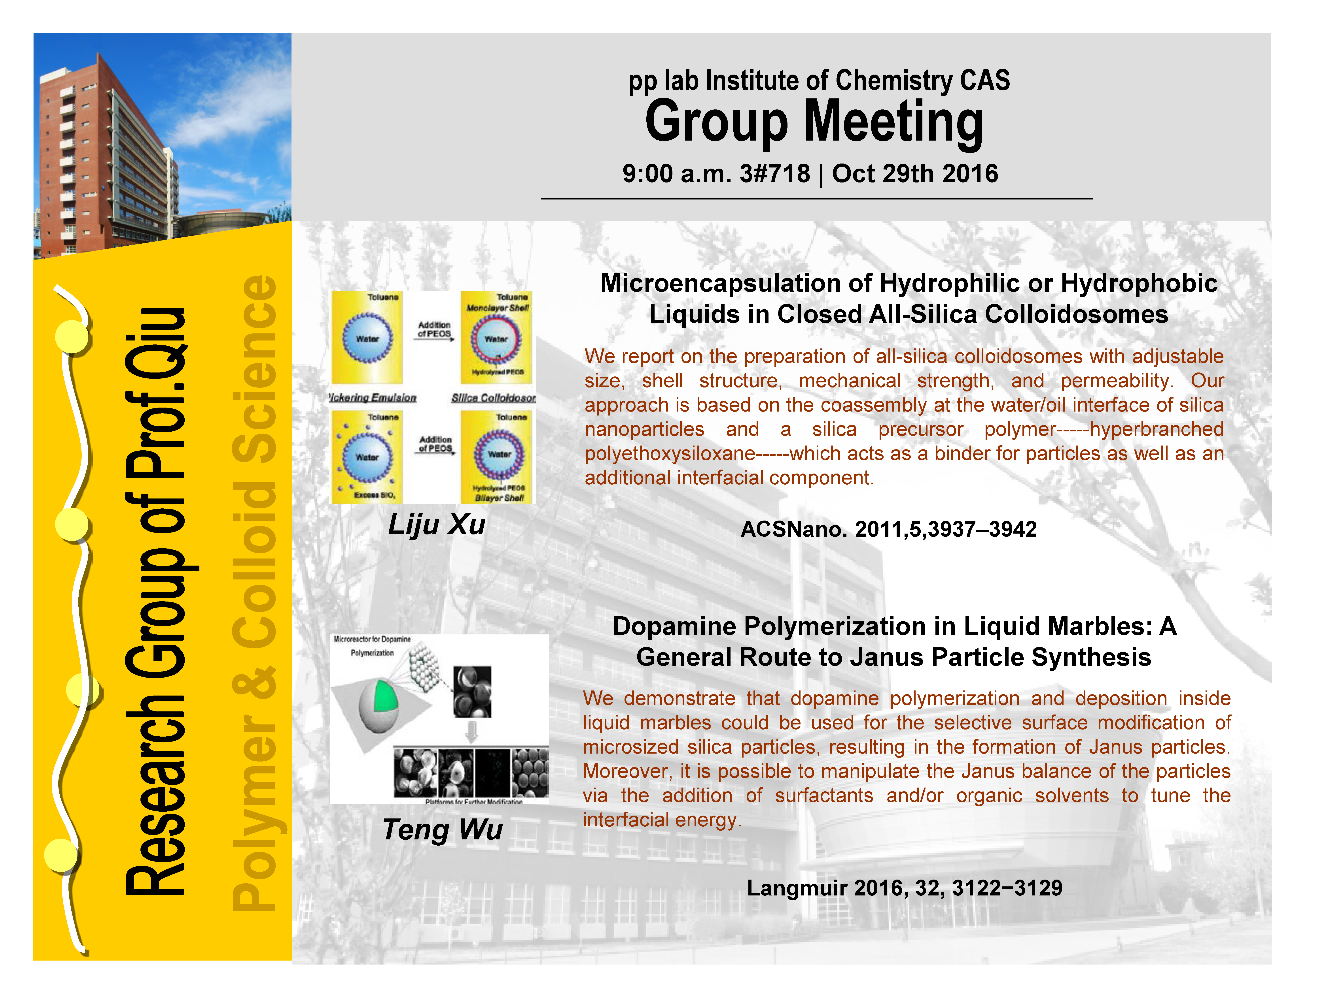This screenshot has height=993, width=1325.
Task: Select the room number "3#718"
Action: [774, 174]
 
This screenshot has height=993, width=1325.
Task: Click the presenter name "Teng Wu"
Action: [443, 829]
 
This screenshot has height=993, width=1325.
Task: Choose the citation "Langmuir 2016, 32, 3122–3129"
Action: [905, 888]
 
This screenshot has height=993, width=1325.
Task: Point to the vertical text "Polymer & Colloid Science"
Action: [255, 592]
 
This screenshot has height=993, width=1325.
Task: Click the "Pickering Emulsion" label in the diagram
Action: [373, 398]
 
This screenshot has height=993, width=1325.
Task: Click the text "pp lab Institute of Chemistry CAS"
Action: [819, 81]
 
